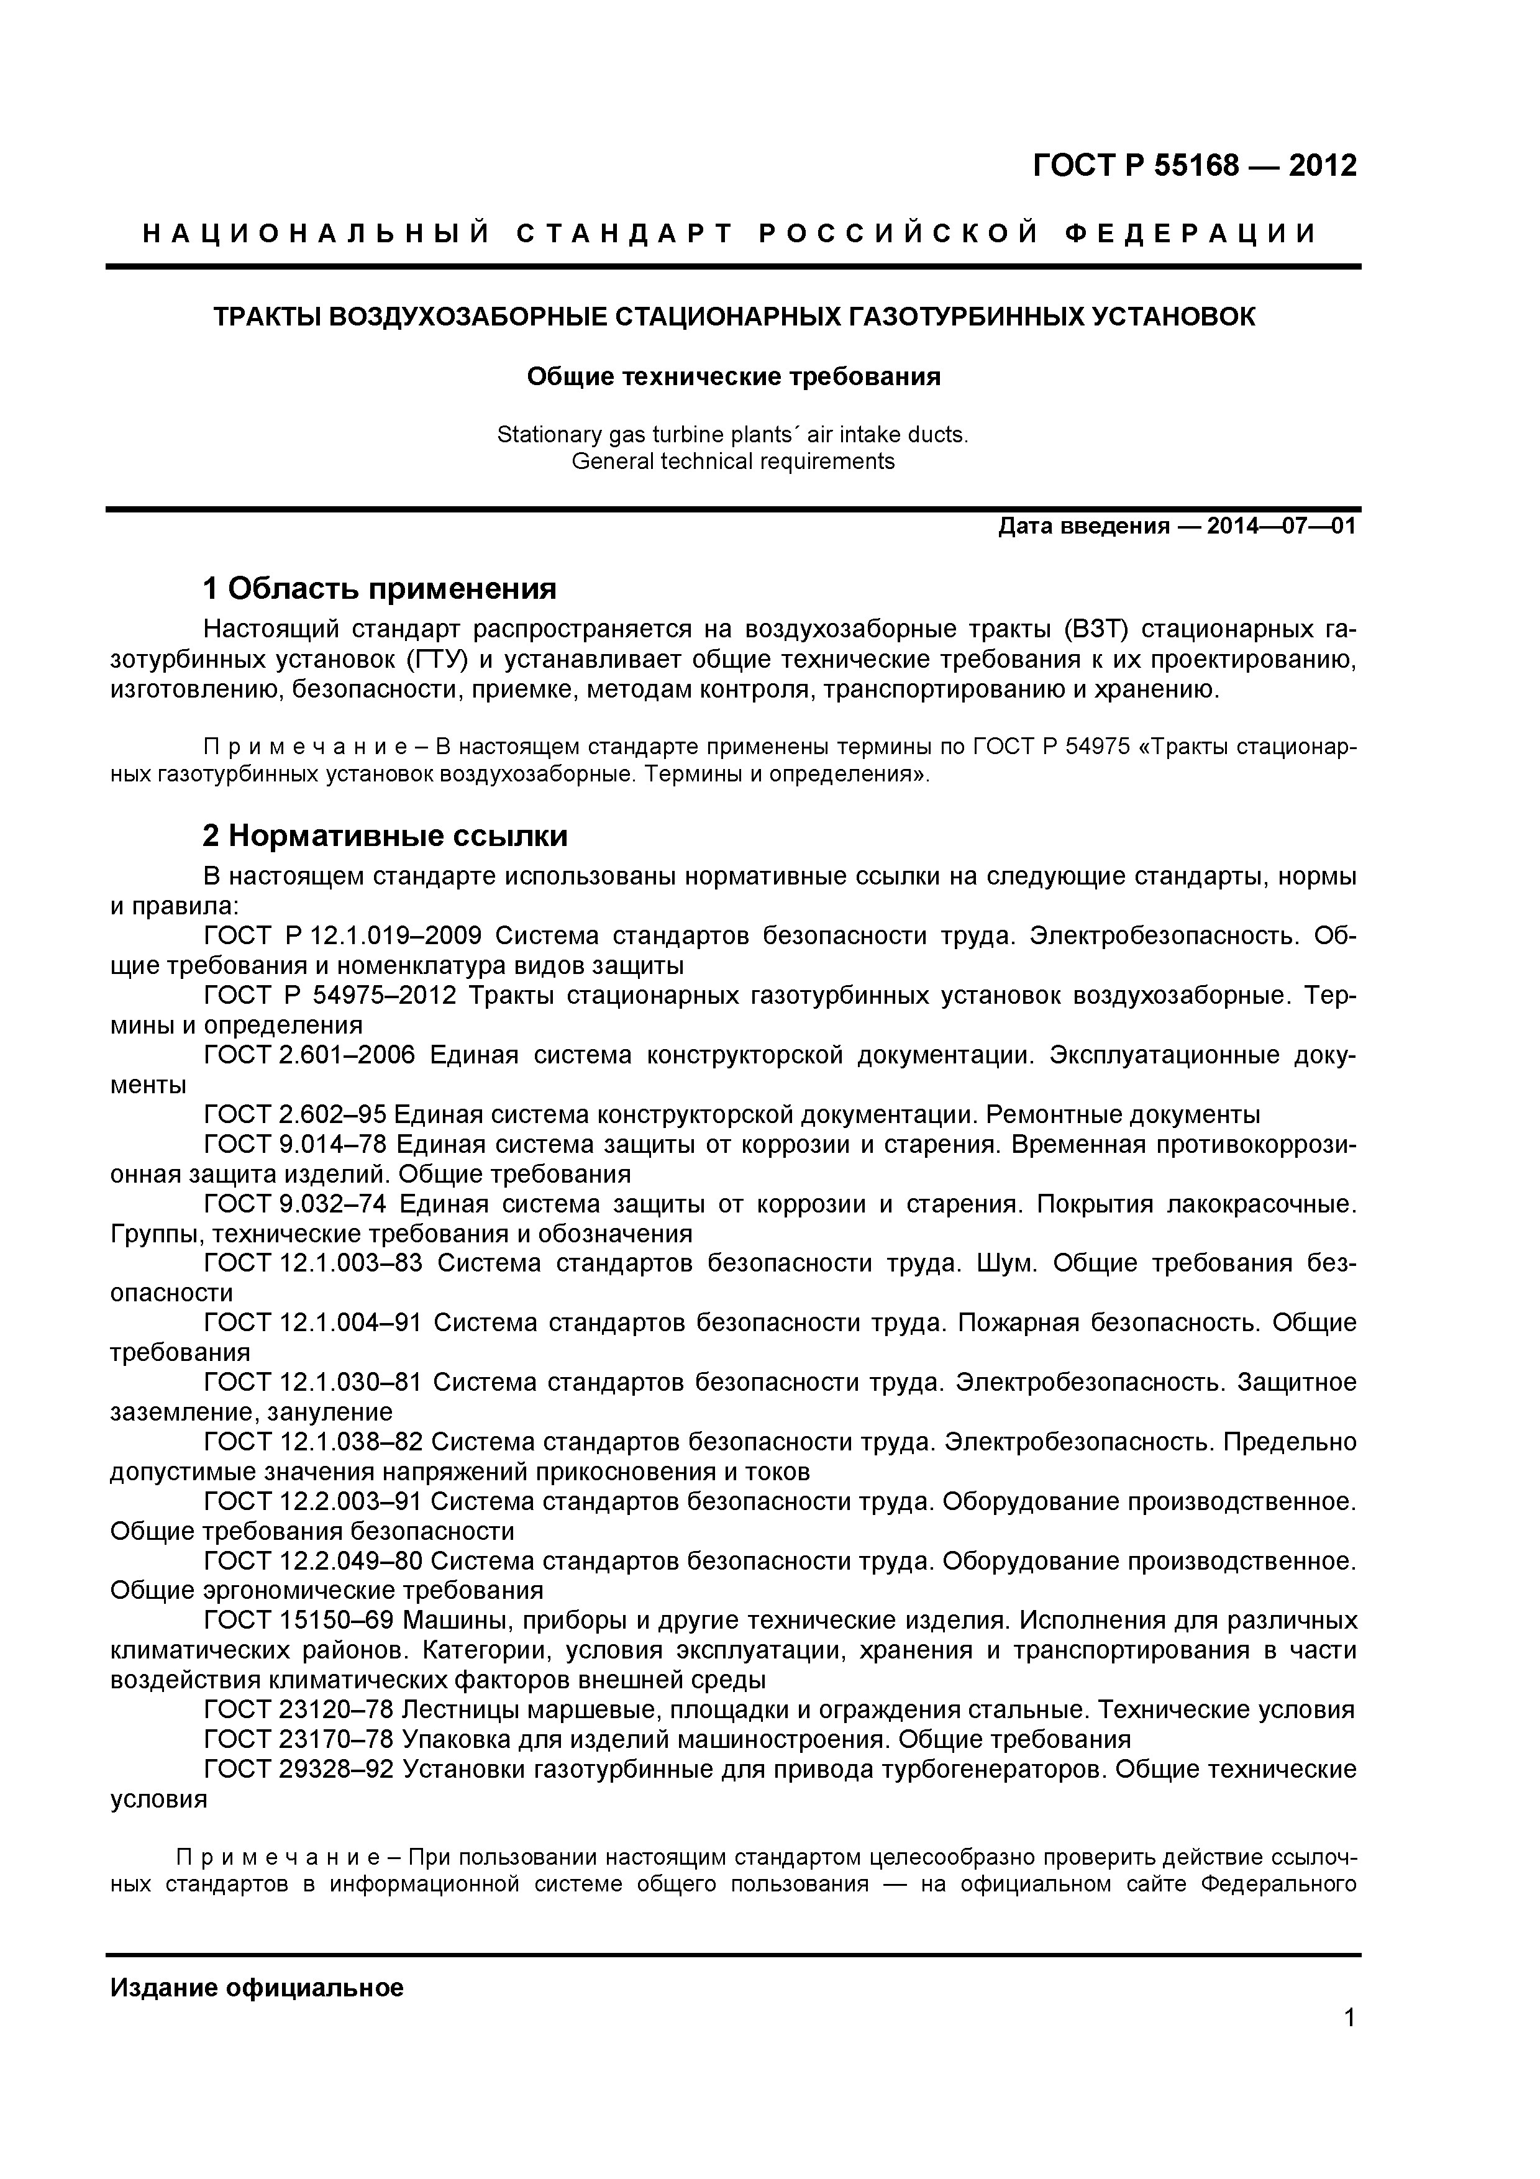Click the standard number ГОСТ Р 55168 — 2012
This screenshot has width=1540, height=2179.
pos(1193,166)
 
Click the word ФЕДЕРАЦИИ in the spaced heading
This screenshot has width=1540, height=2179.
pos(1190,234)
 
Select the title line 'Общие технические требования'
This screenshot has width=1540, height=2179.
pos(734,377)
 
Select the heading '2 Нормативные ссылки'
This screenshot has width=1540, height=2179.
pos(385,836)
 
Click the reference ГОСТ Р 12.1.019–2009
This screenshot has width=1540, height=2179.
pos(342,937)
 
